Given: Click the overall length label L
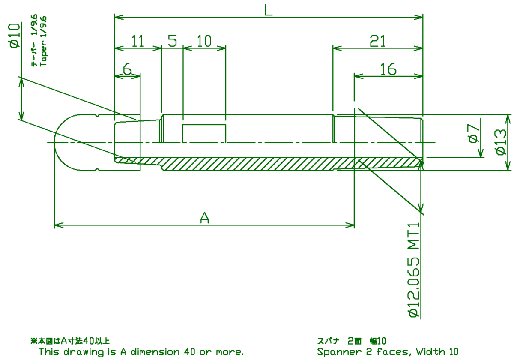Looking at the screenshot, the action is (268, 10).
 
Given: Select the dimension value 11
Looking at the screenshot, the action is (137, 41).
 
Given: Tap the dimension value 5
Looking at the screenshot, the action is (173, 41).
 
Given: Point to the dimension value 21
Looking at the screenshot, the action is (378, 41).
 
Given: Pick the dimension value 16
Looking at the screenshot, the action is (388, 69).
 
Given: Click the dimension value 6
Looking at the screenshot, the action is (128, 69).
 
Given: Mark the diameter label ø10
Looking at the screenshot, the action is (15, 36).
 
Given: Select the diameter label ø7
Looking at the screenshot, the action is (474, 133).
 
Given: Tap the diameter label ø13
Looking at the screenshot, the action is (501, 142).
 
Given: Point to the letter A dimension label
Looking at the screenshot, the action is (204, 218).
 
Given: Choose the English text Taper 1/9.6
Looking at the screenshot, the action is (43, 41).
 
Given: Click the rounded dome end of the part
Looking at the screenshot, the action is (66, 142).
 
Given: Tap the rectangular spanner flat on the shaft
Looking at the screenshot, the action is (204, 133).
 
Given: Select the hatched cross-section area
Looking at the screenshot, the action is (269, 164).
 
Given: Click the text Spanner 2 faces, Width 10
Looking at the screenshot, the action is (388, 352).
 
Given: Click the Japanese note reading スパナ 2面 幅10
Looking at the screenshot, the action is (352, 341).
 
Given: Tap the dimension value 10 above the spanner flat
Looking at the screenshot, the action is (204, 41).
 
